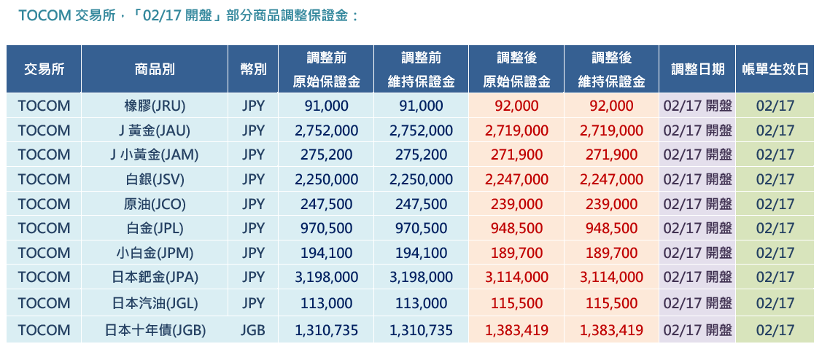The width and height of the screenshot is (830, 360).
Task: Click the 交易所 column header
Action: pos(44,69)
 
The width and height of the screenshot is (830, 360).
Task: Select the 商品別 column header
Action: pos(155,69)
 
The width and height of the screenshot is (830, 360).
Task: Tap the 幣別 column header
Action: pos(253,69)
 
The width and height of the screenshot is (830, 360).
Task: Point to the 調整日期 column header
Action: pos(697,69)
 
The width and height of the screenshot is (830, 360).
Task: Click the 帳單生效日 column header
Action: pos(775,69)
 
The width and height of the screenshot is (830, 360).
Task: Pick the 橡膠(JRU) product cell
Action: pos(155,106)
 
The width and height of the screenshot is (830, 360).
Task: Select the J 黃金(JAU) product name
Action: pos(155,130)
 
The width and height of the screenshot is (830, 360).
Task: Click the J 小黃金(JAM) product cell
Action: pos(155,154)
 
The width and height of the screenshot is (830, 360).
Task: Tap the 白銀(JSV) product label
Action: pos(155,179)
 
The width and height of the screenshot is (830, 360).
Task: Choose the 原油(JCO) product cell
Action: pos(155,204)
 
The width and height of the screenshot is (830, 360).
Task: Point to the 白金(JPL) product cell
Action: pos(155,228)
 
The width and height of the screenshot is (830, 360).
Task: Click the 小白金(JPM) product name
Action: pos(155,253)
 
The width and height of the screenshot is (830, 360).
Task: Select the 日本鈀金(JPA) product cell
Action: pos(155,277)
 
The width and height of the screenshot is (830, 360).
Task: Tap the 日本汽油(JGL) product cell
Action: pos(155,302)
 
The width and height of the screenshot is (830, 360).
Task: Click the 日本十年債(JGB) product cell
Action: pos(155,330)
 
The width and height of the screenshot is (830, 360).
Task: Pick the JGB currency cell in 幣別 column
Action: pos(253,330)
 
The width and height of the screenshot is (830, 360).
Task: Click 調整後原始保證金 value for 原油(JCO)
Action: pos(516,204)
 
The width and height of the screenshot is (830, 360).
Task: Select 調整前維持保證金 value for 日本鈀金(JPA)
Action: pos(421,277)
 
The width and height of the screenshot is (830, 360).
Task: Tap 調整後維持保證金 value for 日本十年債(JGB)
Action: pos(611,330)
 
